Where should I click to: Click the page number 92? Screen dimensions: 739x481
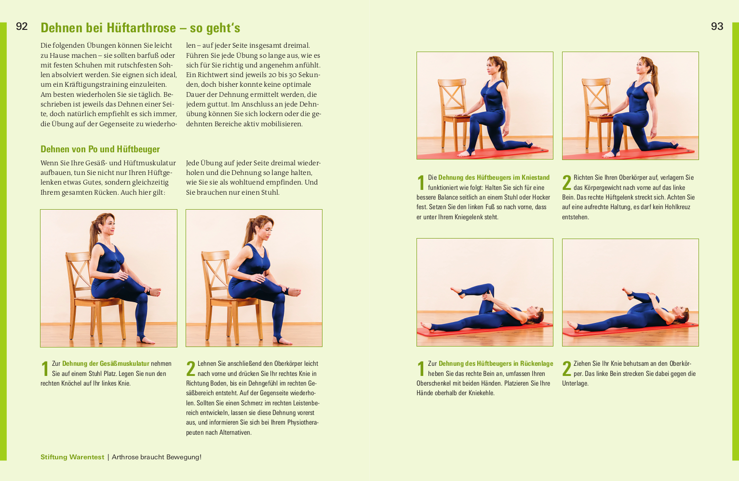22,27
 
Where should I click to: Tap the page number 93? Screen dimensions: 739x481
717,27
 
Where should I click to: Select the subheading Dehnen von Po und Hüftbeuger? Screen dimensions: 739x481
100,149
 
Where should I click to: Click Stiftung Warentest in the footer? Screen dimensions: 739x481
72,457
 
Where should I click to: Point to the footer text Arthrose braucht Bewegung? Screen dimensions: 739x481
156,457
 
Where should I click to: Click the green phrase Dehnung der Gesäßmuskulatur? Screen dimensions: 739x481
106,363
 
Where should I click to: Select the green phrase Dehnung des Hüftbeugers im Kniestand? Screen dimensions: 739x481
494,177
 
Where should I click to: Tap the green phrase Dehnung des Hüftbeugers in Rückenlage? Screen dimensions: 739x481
496,363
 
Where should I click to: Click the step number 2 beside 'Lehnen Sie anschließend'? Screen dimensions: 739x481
191,369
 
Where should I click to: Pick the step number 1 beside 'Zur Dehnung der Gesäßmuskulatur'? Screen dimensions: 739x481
45,369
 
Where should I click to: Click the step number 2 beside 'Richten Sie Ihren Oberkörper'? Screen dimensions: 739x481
567,183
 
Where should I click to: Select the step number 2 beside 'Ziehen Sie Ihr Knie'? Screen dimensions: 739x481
567,369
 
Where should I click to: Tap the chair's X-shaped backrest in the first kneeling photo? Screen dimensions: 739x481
453,96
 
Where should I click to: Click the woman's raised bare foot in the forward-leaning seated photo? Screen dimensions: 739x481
294,292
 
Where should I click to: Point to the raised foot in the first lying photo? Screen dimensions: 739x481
457,292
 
